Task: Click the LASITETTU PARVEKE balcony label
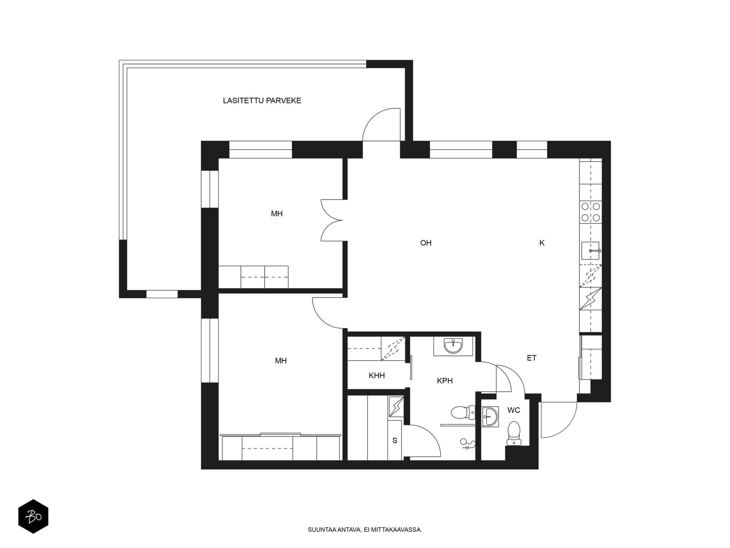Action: coord(262,100)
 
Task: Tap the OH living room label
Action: coord(426,243)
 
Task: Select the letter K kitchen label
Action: coord(542,243)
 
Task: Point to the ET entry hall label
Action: coord(532,358)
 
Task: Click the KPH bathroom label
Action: coord(445,381)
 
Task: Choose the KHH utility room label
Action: coord(376,376)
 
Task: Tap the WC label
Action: coord(513,410)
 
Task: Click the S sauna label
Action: coord(395,441)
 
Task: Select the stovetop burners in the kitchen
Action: coord(590,212)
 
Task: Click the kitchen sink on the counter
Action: coord(590,251)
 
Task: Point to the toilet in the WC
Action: coord(514,433)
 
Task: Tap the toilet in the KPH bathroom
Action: coord(463,412)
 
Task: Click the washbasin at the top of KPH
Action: coord(453,346)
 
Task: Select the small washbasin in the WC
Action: coord(490,416)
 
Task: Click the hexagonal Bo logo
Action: coord(33,516)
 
